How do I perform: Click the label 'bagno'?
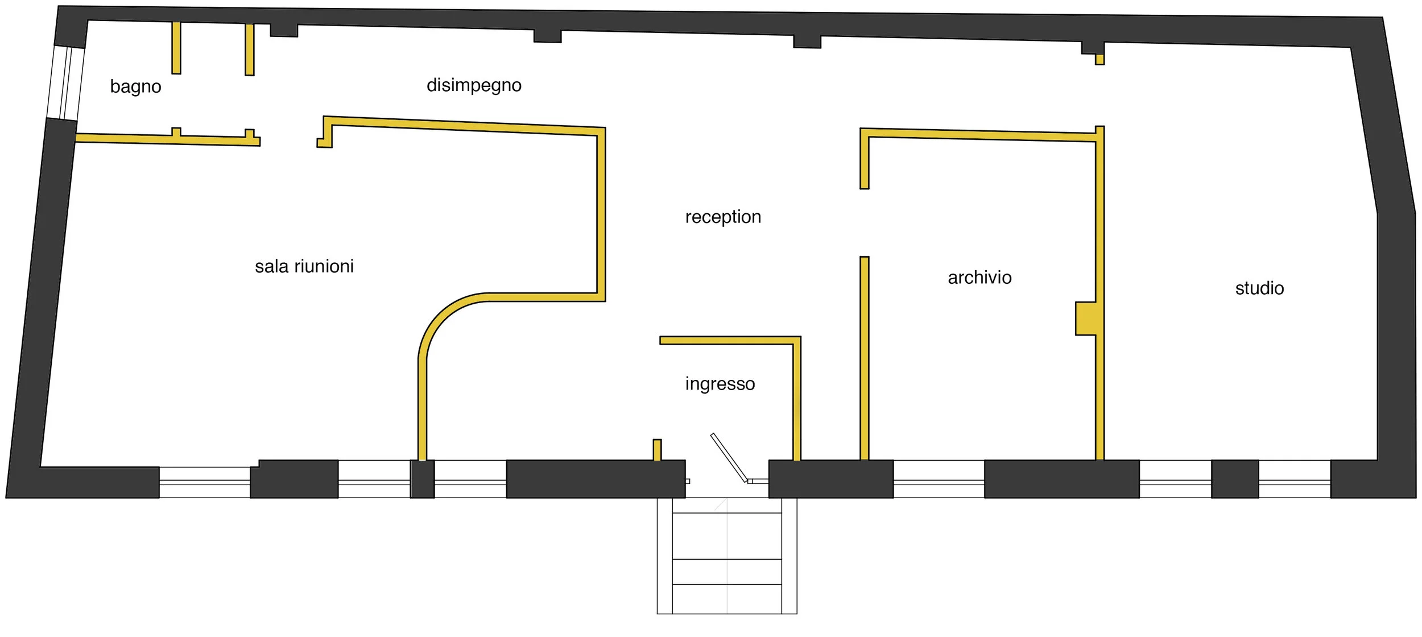coord(135,86)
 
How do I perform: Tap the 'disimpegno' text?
coord(474,85)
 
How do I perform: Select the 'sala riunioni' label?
coord(304,266)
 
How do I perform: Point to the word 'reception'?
coord(723,217)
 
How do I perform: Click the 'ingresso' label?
coord(720,384)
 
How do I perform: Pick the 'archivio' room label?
coord(979,278)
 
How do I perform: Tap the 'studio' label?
coord(1259,288)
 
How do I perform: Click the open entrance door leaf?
coord(729,457)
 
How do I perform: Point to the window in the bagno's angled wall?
coord(66,83)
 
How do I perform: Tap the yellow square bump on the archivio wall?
coord(1085,318)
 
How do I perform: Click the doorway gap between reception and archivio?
coord(865,223)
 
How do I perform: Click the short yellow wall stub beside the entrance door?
coord(657,449)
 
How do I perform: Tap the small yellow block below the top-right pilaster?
coord(1099,60)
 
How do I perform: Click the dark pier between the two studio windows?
coord(1234,479)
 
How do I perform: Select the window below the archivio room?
coord(939,479)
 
